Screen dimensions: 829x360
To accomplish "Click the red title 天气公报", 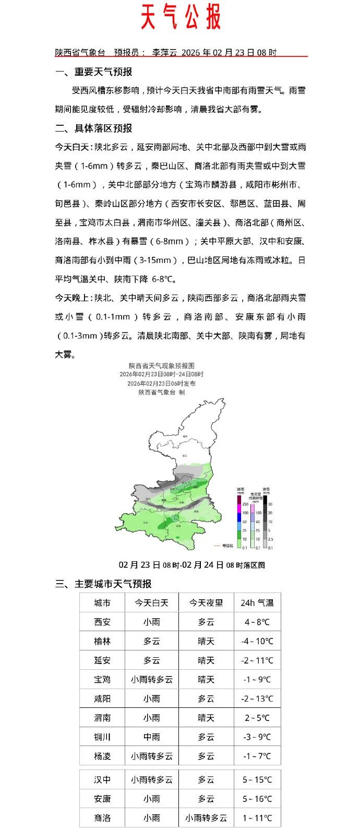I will click(x=181, y=17).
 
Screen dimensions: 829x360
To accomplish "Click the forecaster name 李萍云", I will click(x=164, y=52).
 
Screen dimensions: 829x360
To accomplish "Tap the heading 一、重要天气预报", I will click(x=94, y=72).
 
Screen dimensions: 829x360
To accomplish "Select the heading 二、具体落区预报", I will click(x=94, y=128).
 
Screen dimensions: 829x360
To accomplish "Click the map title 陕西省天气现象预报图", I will click(x=162, y=366).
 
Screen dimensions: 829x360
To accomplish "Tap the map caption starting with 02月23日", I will click(x=191, y=565).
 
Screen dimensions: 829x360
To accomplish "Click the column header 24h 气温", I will click(x=257, y=603).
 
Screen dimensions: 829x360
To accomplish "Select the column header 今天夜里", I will click(x=206, y=603).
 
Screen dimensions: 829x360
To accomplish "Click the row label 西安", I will click(x=102, y=622).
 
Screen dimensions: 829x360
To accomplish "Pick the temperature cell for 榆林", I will click(x=257, y=641).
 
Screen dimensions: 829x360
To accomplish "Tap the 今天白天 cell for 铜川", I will click(x=152, y=737).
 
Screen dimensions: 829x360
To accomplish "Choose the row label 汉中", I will click(x=102, y=779).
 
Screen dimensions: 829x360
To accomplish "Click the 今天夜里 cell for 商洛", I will click(x=206, y=818).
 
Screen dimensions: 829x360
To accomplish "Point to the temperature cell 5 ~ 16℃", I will click(x=257, y=799).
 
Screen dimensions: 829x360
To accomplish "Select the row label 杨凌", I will click(x=102, y=756).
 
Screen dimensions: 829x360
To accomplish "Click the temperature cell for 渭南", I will click(x=257, y=718).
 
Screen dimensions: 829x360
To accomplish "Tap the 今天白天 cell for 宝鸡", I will click(x=152, y=680).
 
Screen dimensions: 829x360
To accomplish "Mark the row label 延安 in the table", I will click(x=102, y=660).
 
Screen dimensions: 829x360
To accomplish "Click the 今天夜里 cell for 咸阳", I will click(x=206, y=698).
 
